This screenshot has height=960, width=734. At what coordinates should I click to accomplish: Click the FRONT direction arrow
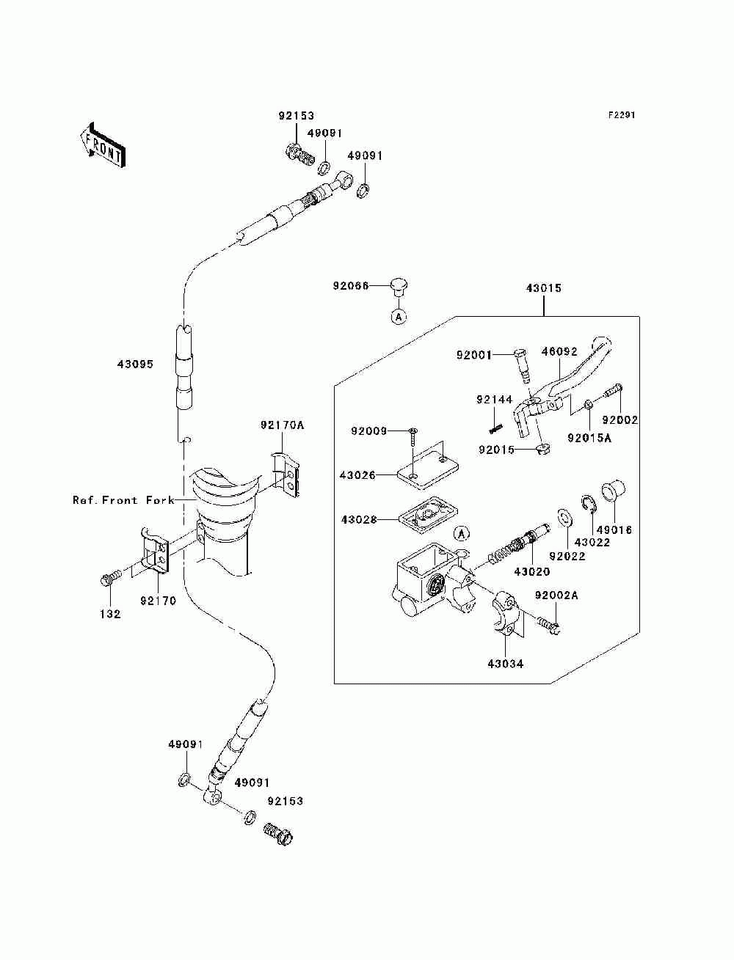coord(101,144)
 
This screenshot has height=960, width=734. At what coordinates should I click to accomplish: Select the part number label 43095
coord(135,364)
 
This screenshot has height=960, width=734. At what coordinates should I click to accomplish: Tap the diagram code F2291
coord(620,115)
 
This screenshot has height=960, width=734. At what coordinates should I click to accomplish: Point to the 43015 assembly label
coord(543,288)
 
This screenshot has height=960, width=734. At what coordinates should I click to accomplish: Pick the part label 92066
coord(350,286)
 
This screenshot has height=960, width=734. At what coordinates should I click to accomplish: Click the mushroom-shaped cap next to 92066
coord(398,286)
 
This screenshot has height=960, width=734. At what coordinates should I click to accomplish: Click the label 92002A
coord(556,596)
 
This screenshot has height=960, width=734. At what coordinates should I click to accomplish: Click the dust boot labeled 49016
coord(613,490)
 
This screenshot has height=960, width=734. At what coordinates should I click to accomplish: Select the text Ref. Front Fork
coord(123,500)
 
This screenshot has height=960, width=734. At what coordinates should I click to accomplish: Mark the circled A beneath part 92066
coord(398,317)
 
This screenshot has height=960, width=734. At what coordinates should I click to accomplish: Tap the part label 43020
coord(532,571)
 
